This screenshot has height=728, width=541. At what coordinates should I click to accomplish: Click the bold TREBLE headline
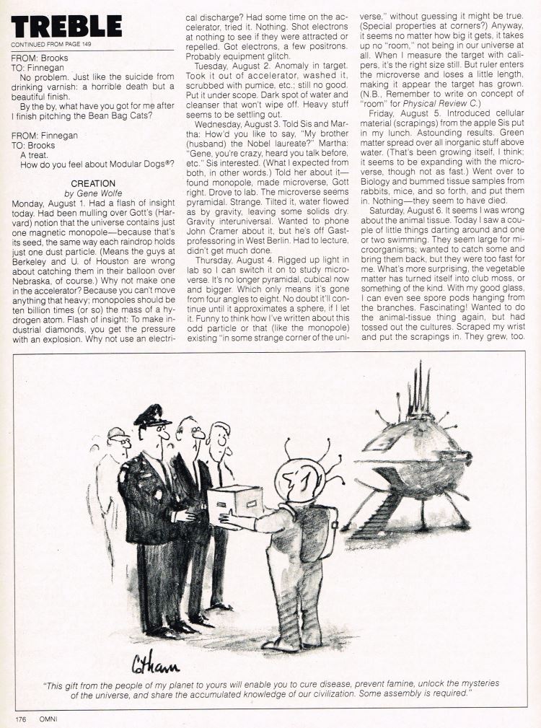tap(66, 27)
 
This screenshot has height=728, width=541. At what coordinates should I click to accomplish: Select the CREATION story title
tap(93, 184)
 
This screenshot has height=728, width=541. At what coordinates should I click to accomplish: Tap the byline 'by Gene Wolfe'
tap(93, 194)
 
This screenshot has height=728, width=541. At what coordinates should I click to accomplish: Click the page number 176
tap(23, 719)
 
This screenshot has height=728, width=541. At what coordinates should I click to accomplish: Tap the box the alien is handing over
tap(235, 500)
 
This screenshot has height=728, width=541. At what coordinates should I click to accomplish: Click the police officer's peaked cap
tap(152, 416)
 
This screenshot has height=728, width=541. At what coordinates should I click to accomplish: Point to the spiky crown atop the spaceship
tap(418, 392)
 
